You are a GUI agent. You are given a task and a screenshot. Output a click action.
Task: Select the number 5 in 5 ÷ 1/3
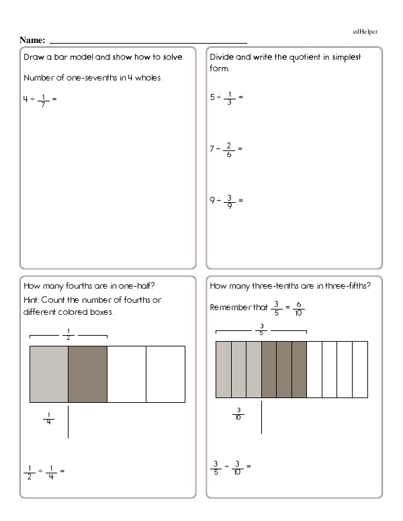pos(212,97)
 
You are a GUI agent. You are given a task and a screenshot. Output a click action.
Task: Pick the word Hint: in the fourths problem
pos(34,299)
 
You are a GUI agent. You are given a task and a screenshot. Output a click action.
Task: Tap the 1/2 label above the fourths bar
pos(68,334)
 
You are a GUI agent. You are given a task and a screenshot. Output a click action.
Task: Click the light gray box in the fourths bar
pos(48,374)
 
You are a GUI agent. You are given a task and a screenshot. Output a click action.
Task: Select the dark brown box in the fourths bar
pos(87,374)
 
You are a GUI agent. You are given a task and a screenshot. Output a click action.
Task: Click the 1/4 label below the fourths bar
pos(48,421)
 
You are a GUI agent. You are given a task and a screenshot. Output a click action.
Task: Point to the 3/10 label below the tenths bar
pos(238,414)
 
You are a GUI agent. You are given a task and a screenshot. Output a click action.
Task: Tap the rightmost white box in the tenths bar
pos(360,369)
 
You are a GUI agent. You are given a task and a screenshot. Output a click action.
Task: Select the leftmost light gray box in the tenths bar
pos(223,369)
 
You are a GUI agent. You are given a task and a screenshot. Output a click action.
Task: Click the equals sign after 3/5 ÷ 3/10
pos(249,466)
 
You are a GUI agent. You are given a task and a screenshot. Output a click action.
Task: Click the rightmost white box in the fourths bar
pos(165,374)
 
